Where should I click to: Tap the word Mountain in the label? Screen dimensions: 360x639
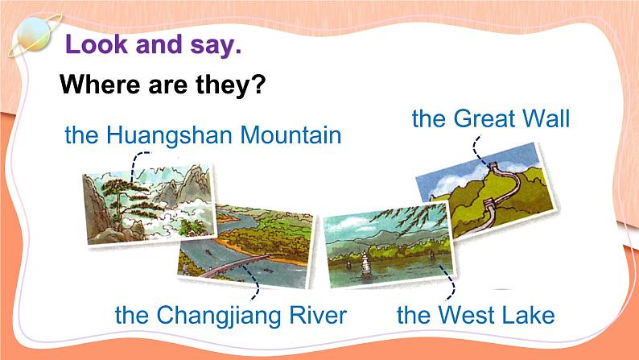coord(285,134)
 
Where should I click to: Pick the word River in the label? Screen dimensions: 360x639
coord(318,314)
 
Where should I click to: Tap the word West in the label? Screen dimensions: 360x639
coord(469,314)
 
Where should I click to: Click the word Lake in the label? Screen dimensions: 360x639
coord(528,314)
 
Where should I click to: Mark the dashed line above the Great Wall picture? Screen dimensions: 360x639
coord(477,148)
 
